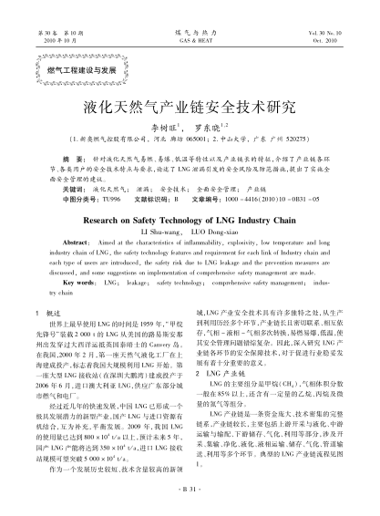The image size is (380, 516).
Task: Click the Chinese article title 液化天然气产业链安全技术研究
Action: (190, 106)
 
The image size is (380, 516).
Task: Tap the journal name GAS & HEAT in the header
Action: (190, 41)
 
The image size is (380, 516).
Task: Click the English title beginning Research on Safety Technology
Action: (190, 221)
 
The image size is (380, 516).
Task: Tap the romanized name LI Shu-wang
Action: (161, 234)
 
